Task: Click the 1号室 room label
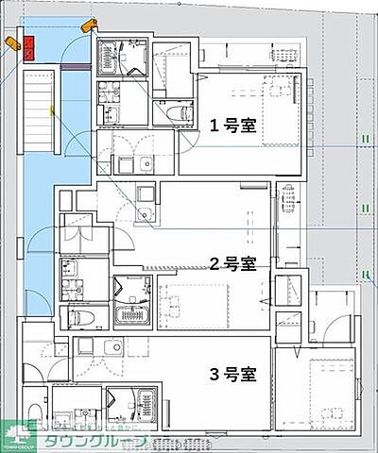click(232, 125)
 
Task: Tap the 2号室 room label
click(232, 263)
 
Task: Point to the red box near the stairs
click(28, 45)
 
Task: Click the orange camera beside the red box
click(11, 42)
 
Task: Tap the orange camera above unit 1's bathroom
click(89, 25)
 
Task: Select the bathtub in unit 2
click(129, 313)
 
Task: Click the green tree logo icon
click(15, 437)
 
